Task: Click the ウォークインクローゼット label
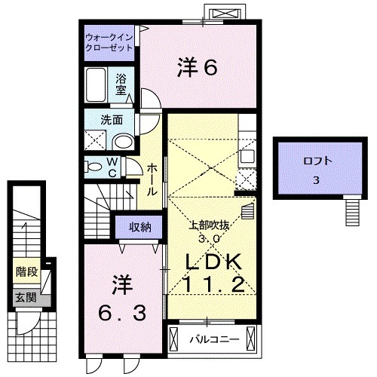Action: [109, 41]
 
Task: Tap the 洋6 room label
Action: [198, 69]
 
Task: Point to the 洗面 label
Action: [102, 118]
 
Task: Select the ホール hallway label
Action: [152, 180]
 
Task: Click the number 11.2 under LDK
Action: [213, 286]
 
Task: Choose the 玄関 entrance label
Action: [24, 297]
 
